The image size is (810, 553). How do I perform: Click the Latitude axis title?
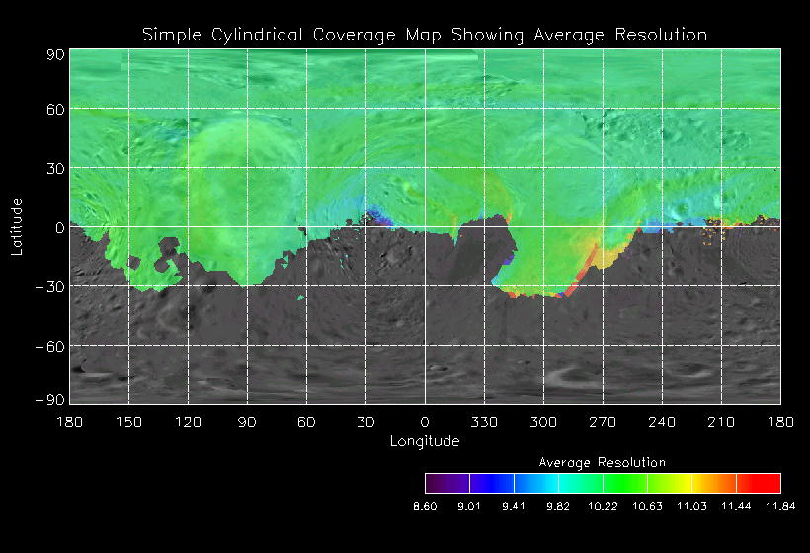pos(17,226)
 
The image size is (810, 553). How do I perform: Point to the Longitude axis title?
pos(425,441)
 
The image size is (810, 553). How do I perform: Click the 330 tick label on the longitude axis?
pos(484,422)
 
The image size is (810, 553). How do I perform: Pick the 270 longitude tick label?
pos(603,422)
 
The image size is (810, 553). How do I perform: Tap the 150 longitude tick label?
pos(128,422)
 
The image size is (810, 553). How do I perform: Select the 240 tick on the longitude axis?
pos(662,422)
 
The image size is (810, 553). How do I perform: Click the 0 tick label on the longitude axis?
pos(425,422)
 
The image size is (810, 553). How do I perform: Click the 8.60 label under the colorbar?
pos(425,506)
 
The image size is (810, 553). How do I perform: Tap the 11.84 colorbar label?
pos(780,506)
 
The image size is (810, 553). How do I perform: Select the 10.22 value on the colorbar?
pos(603,506)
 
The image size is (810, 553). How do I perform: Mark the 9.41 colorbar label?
pos(514,506)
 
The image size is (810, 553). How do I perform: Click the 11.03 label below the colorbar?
pos(691,506)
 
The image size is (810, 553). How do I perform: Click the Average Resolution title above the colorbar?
pos(603,462)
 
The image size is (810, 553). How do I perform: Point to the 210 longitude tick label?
pos(721,422)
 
